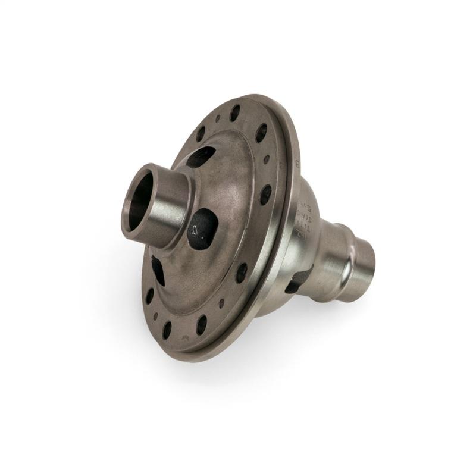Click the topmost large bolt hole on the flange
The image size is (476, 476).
235,112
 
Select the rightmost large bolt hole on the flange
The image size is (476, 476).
265,194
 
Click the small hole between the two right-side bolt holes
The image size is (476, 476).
267,159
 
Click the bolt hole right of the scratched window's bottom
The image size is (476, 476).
242,272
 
